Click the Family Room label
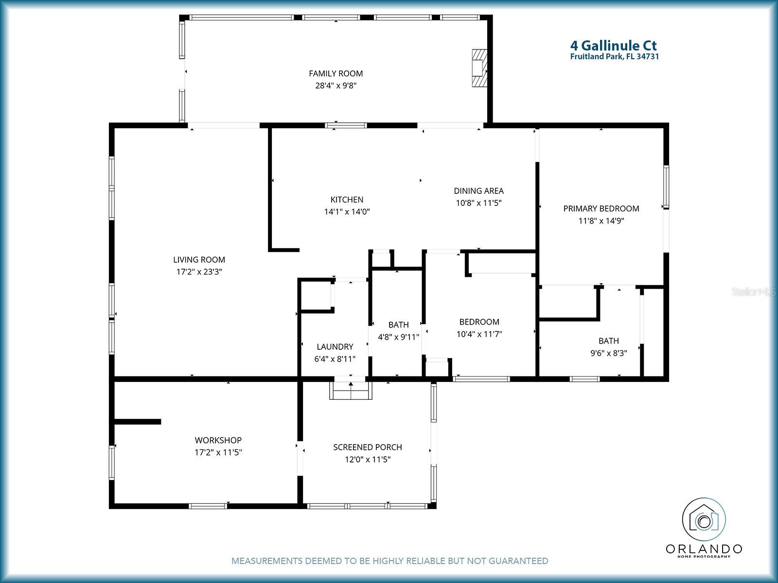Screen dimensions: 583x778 (336, 73)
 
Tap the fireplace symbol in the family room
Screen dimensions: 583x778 (479, 67)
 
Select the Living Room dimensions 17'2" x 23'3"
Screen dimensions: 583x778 (199, 272)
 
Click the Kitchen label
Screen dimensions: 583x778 (347, 200)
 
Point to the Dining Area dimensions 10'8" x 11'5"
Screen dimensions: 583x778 (478, 203)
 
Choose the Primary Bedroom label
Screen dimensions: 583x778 (601, 208)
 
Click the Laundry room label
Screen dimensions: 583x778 (335, 346)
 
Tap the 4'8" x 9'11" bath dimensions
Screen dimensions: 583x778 (398, 337)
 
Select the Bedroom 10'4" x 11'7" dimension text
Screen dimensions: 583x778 (479, 334)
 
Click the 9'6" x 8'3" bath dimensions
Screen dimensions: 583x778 (608, 353)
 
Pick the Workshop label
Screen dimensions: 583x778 (218, 440)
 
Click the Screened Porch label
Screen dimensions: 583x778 (367, 447)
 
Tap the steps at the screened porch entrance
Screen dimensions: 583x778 (351, 390)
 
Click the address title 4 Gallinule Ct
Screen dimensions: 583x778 (613, 46)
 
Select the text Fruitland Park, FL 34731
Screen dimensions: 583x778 (614, 56)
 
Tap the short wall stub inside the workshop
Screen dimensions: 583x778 (138, 421)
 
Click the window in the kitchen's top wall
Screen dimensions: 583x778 (346, 125)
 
